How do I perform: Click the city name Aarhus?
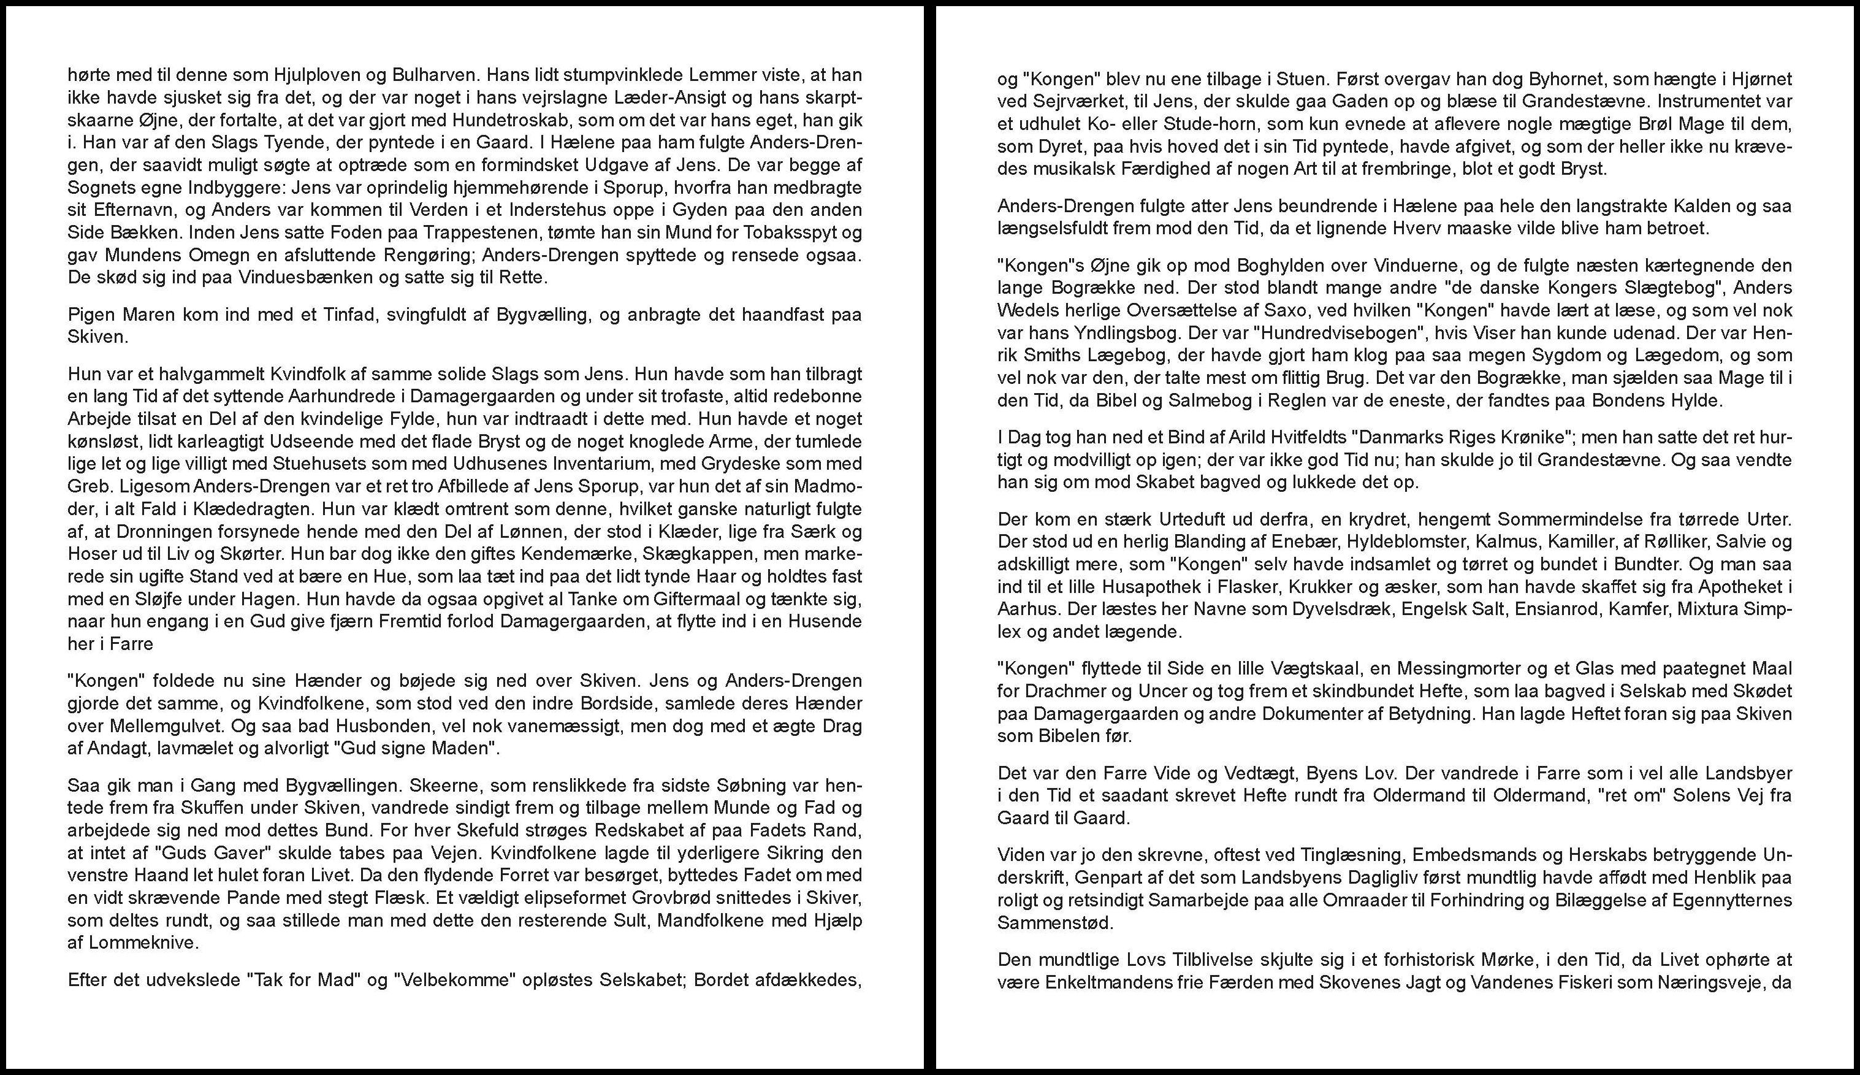[x=1024, y=610]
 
